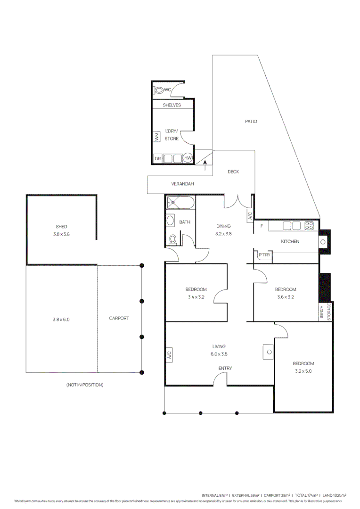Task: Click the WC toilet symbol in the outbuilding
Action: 159,90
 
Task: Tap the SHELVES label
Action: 172,105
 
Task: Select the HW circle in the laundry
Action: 188,158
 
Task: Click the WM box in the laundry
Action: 156,137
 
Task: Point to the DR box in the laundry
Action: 157,159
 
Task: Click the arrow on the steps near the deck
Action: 205,164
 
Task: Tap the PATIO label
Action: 251,121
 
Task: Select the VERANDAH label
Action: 182,184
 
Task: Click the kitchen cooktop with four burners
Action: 309,226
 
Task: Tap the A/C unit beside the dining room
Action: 250,215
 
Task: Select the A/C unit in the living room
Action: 169,354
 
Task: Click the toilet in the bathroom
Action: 172,239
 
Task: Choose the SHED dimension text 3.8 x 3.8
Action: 61,234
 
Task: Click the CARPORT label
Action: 119,318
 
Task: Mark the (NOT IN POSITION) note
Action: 85,385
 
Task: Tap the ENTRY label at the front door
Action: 225,368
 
